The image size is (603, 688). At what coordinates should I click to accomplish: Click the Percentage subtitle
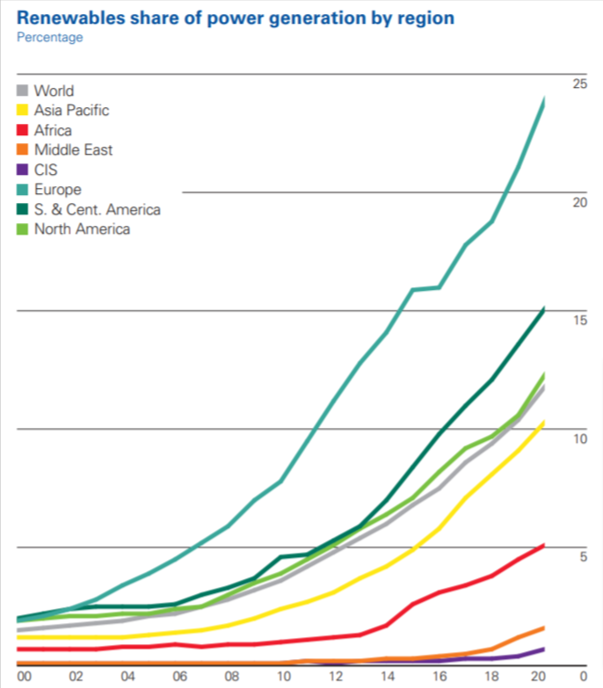click(x=50, y=37)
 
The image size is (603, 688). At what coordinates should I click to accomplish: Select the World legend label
click(x=54, y=91)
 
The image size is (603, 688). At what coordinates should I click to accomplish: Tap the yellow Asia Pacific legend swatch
click(x=24, y=111)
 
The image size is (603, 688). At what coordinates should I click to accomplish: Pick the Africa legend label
click(x=53, y=131)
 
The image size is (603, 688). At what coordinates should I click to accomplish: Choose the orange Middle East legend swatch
click(x=24, y=150)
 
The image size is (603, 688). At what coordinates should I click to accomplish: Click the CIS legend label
click(x=46, y=170)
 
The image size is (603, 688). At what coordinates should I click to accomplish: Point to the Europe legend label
click(x=57, y=190)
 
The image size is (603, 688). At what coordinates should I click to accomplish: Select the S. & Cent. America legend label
click(x=97, y=209)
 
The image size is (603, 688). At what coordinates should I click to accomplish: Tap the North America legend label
click(x=82, y=229)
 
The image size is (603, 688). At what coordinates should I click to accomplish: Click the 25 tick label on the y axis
click(x=579, y=83)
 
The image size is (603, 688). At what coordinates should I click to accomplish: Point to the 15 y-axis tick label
click(x=579, y=321)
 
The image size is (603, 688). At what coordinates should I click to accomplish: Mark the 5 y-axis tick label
click(x=583, y=557)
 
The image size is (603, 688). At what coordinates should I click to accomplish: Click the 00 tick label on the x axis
click(x=25, y=676)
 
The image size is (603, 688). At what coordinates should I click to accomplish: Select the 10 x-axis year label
click(x=284, y=676)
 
